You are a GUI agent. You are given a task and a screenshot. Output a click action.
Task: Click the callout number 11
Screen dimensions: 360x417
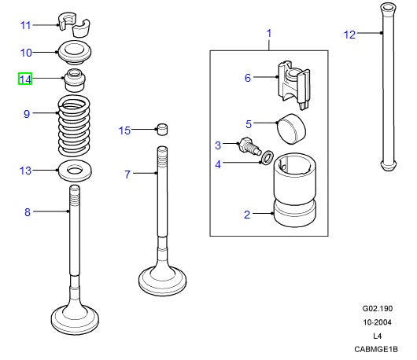(25, 25)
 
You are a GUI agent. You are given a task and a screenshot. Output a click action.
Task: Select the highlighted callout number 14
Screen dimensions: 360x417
(25, 79)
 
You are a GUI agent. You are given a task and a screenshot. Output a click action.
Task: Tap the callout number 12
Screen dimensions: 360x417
(350, 34)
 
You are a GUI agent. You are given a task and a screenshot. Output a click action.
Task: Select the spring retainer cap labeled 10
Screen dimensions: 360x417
(77, 54)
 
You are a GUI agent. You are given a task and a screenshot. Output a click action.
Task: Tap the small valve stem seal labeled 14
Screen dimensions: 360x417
(76, 79)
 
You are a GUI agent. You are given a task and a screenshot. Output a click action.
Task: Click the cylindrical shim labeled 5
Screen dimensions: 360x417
(292, 127)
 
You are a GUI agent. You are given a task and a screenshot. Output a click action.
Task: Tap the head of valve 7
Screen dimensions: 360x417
(161, 277)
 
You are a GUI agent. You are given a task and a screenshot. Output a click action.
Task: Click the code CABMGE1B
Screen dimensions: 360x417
(376, 350)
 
